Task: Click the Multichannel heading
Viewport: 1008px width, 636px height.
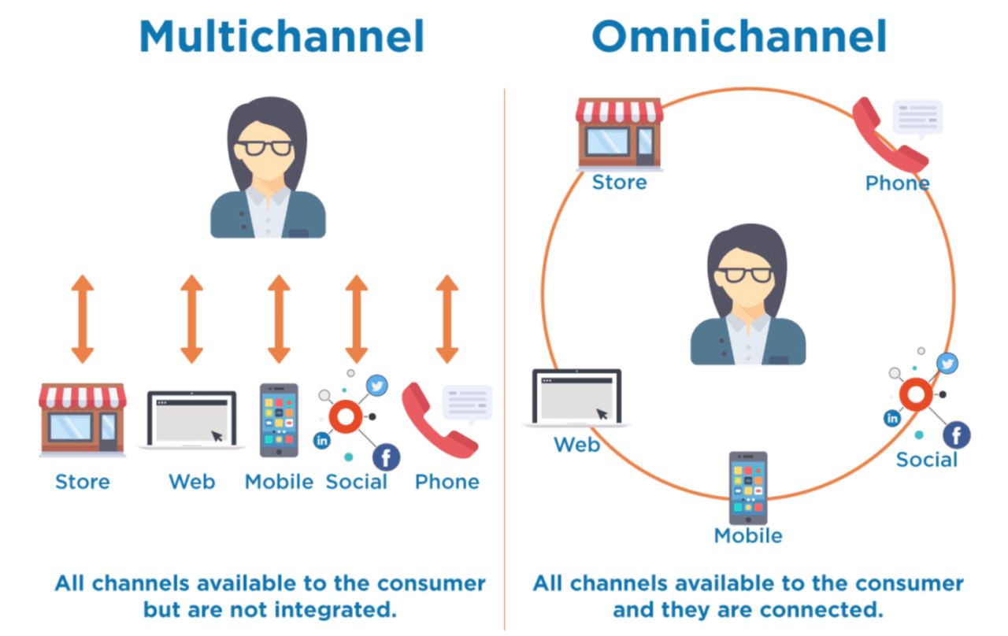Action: [281, 35]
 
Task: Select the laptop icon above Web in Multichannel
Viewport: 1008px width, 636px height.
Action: [191, 420]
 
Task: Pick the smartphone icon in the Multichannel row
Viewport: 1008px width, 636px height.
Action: [279, 420]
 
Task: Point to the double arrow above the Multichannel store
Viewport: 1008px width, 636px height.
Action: [83, 319]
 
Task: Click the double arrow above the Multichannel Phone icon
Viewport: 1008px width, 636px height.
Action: [447, 319]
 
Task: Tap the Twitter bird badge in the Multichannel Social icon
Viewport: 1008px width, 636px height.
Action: [377, 386]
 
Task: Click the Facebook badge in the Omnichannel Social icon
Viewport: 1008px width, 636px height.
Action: [956, 434]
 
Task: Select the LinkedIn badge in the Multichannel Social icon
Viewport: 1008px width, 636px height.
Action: [322, 441]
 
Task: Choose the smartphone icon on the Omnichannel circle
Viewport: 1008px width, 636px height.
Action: [747, 488]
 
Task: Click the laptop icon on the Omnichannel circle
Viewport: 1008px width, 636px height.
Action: [576, 397]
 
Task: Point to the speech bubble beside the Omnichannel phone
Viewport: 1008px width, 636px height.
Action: [917, 117]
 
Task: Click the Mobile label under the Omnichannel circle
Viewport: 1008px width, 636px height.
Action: [747, 536]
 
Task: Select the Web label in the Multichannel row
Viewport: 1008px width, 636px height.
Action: [191, 481]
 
